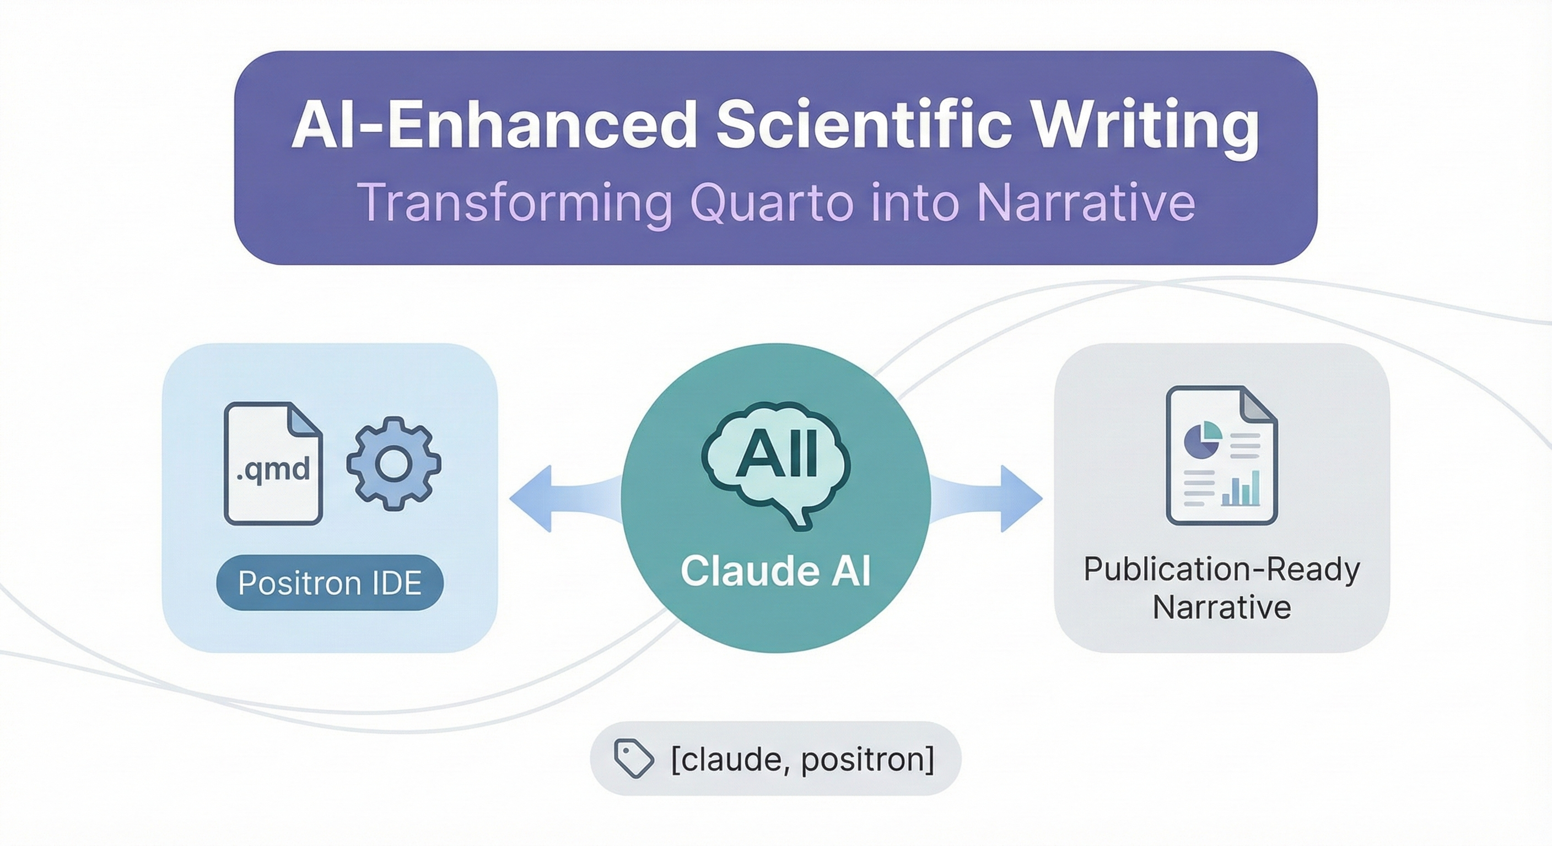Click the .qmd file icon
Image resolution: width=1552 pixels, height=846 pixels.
(x=273, y=464)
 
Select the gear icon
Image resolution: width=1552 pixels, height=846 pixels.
(x=394, y=464)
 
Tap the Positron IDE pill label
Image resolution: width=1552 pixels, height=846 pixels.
(x=330, y=582)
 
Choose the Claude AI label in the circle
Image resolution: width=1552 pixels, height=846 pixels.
(x=775, y=570)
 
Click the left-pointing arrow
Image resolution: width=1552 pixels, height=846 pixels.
(x=567, y=498)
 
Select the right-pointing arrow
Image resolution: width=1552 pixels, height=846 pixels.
(x=985, y=498)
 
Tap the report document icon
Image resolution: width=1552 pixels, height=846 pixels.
(x=1221, y=455)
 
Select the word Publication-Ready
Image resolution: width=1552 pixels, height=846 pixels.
(x=1222, y=570)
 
